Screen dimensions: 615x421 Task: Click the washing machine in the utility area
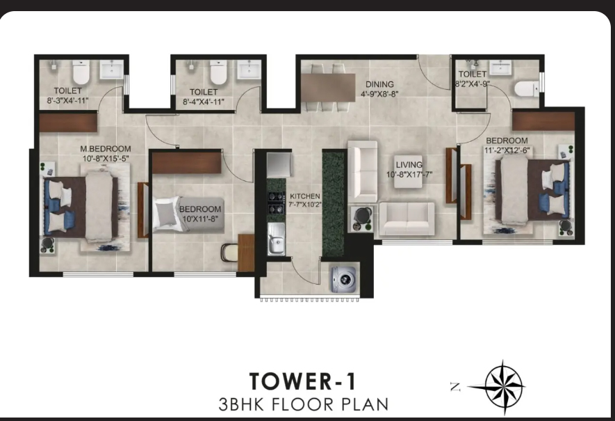coord(344,279)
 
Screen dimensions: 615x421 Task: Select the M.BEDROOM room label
coord(106,149)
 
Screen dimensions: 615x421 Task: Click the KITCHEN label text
coord(305,196)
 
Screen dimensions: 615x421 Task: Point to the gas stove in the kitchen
coord(277,202)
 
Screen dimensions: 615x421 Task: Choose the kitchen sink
coord(277,239)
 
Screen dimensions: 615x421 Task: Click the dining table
coord(328,88)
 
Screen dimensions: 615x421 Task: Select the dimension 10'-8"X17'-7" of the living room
coord(409,174)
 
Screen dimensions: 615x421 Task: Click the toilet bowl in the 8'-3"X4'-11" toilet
coord(81,72)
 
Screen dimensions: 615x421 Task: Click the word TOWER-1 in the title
coord(303,381)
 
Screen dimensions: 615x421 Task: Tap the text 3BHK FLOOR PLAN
coord(303,404)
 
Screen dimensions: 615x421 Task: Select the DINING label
coord(379,84)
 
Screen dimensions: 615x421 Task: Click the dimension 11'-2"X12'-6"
coord(507,150)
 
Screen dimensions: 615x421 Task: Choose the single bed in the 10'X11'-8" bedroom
coord(188,214)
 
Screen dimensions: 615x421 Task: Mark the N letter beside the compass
coord(455,387)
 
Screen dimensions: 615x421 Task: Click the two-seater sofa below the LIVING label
coord(407,219)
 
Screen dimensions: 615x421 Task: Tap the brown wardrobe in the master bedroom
coord(68,122)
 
